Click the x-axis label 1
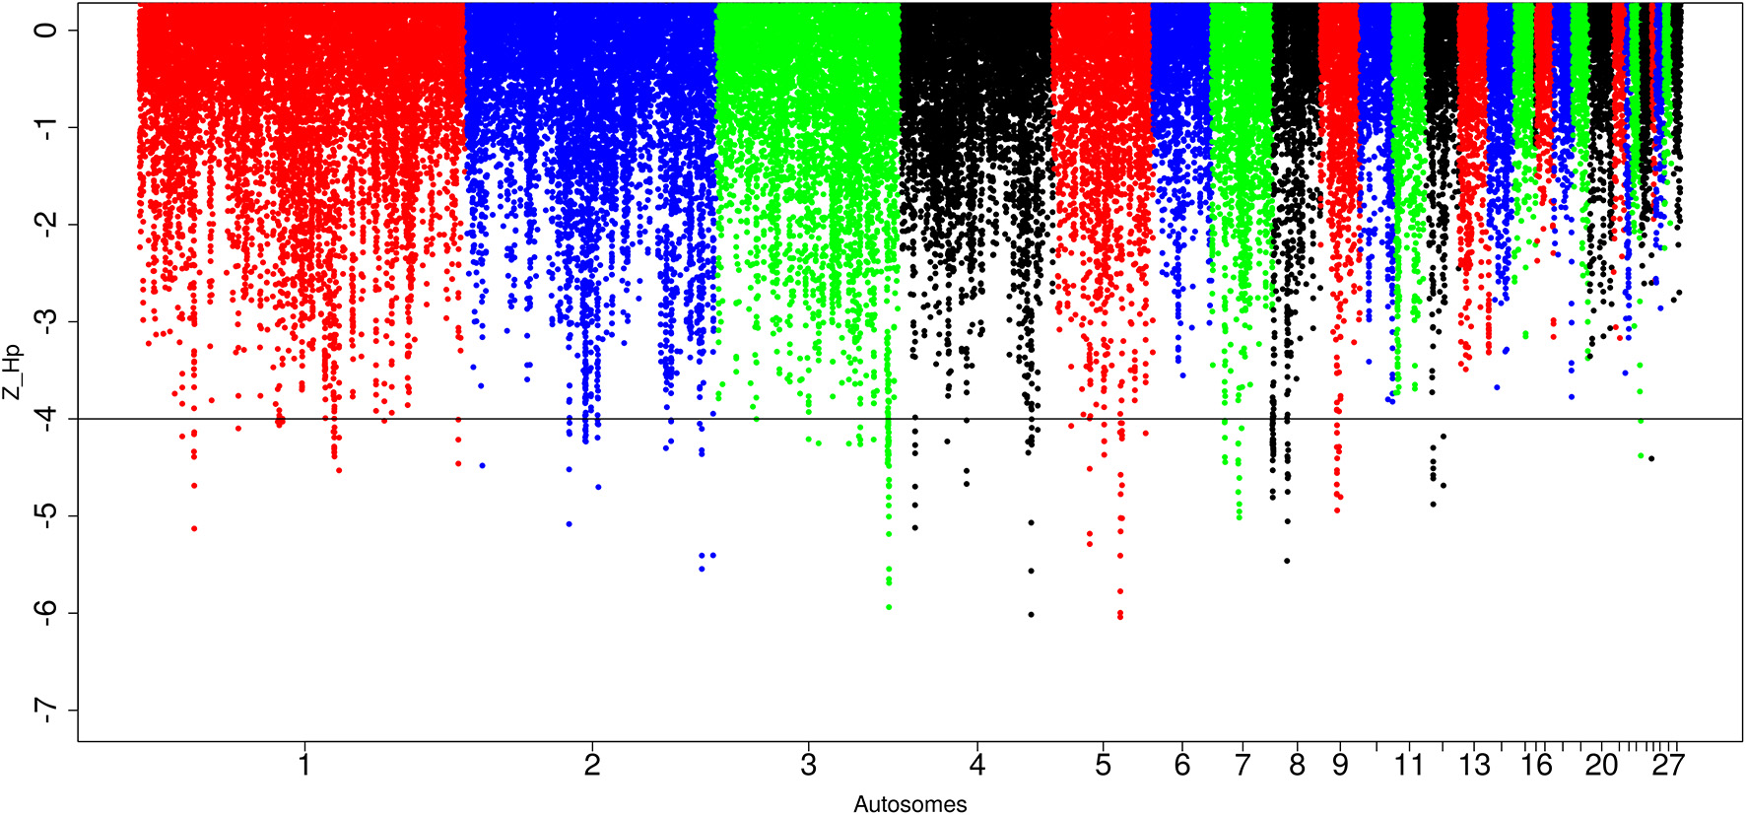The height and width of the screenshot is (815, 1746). (x=304, y=765)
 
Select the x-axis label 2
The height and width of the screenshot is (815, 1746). (x=591, y=765)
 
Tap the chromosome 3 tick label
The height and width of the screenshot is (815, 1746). (x=808, y=765)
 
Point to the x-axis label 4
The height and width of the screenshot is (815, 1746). (x=976, y=765)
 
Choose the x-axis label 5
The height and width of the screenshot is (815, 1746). (x=1103, y=765)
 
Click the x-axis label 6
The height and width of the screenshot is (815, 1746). (x=1181, y=765)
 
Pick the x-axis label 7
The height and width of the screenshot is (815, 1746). (x=1242, y=765)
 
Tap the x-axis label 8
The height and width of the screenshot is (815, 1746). (x=1297, y=765)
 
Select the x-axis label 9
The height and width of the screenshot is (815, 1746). (x=1340, y=765)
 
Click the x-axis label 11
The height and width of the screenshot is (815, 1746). (x=1409, y=765)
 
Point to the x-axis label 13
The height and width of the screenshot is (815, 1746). (x=1474, y=765)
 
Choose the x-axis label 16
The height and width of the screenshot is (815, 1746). (x=1536, y=765)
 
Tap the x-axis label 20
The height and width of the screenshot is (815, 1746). (x=1601, y=765)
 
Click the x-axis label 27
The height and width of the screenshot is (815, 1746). (x=1668, y=765)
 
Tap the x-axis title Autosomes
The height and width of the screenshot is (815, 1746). (x=909, y=804)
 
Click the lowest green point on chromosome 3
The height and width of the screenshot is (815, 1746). (x=889, y=607)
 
